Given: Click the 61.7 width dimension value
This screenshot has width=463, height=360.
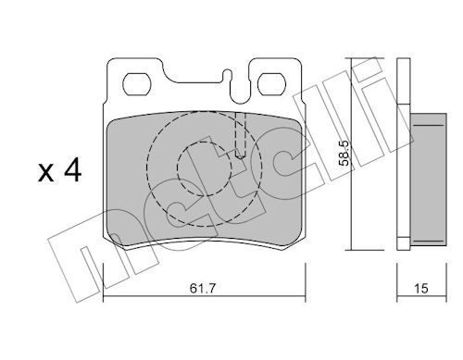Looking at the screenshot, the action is (x=202, y=289).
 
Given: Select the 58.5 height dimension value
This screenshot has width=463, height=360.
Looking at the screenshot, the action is (x=344, y=153).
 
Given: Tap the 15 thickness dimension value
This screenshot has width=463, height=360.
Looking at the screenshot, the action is (x=421, y=289).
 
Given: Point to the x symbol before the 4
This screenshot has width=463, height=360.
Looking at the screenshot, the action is (x=45, y=173).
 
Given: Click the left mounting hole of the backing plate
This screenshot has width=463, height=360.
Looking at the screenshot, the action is (x=137, y=84).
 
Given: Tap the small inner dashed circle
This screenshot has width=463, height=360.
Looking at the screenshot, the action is (x=204, y=168).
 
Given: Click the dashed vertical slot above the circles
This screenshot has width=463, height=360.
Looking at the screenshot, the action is (x=240, y=135).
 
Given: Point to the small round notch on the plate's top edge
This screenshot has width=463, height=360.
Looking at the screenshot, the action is (x=228, y=73).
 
